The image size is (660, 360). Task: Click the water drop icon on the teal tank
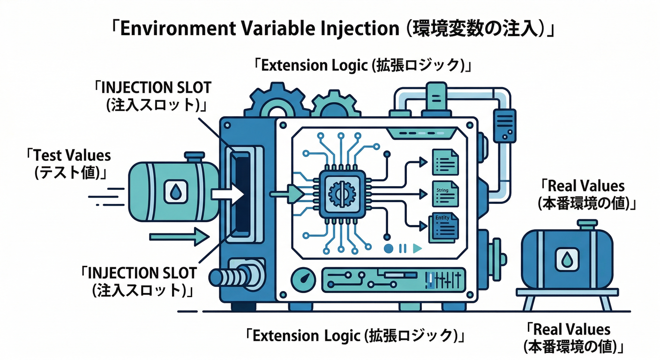(x=175, y=191)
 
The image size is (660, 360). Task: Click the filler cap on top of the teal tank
(x=193, y=157)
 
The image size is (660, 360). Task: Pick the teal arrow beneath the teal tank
(x=179, y=237)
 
